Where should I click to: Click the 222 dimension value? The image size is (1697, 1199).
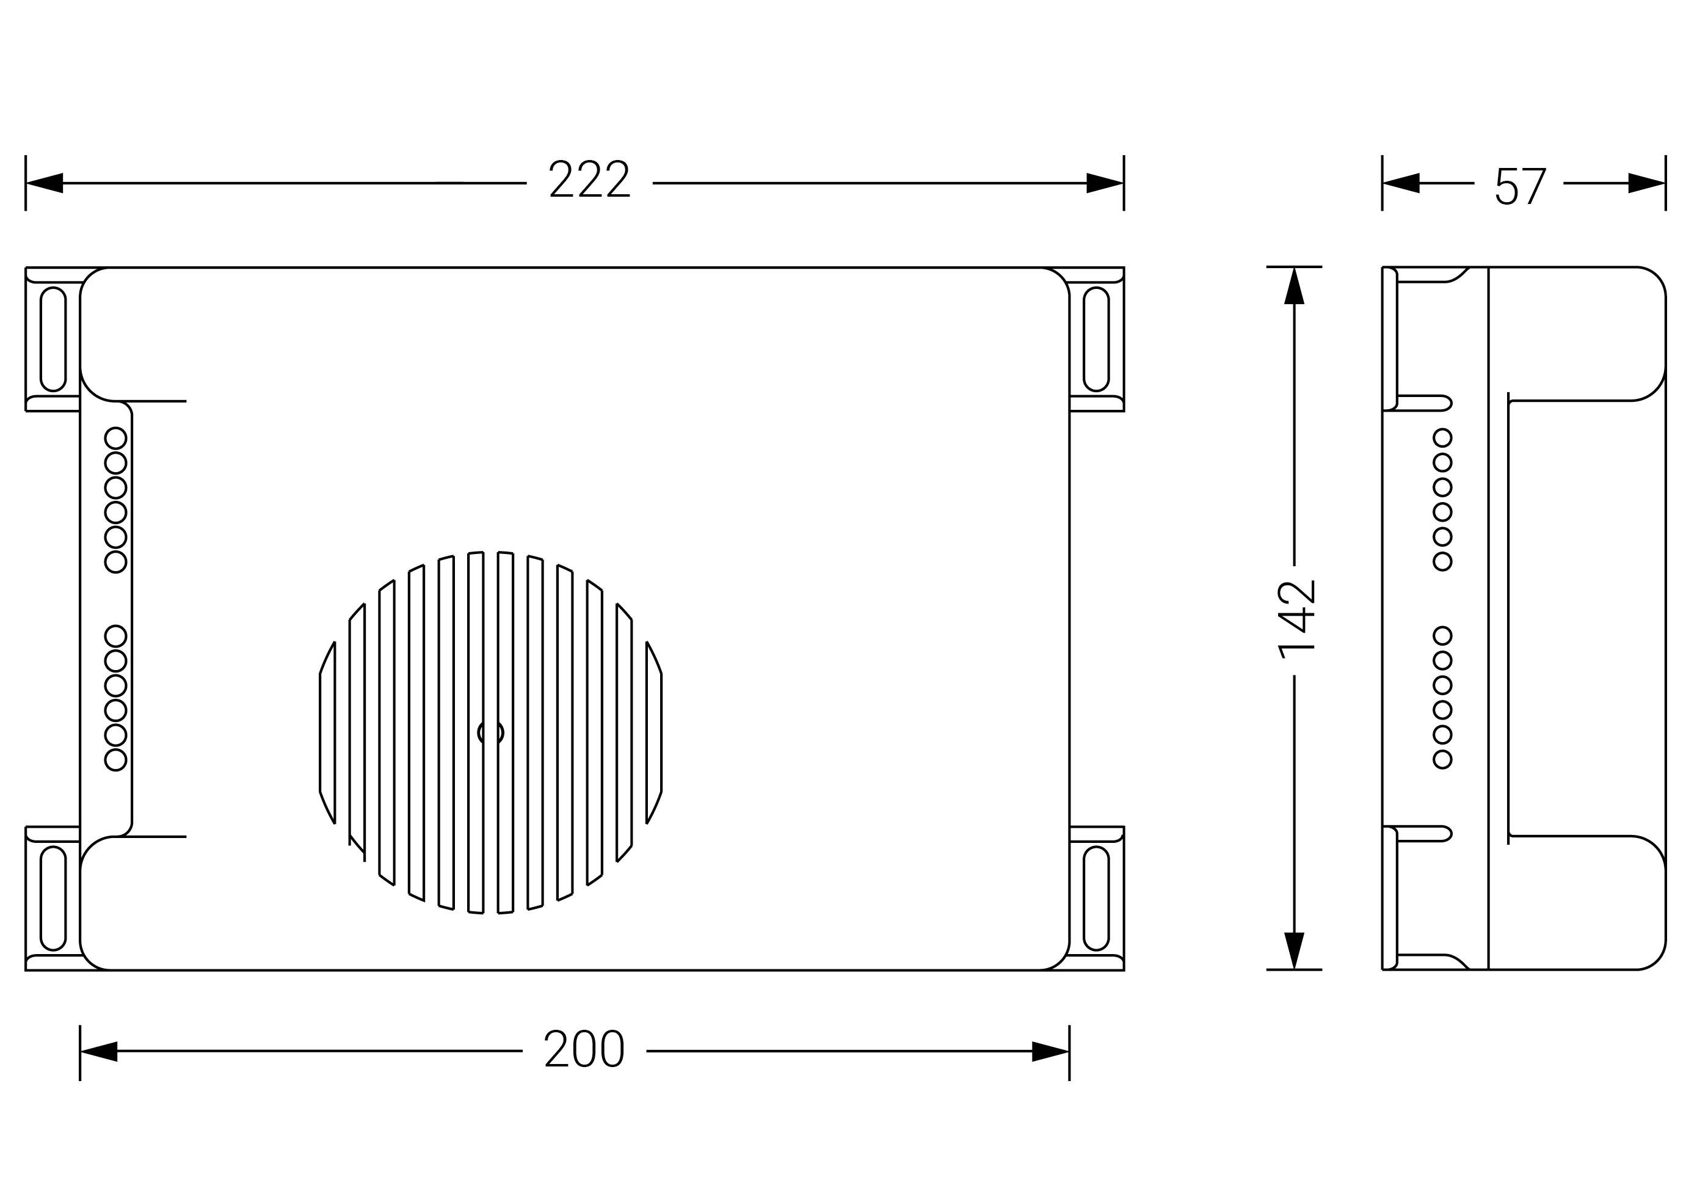click(589, 179)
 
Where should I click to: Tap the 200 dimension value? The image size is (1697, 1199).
click(584, 1048)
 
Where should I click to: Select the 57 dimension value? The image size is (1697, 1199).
click(1521, 186)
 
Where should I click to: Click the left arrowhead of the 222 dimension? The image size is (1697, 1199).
click(45, 183)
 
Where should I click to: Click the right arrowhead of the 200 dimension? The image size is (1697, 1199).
click(1050, 1051)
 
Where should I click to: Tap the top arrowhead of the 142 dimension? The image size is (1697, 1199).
click(1294, 285)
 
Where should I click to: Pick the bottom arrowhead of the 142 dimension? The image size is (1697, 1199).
click(1294, 950)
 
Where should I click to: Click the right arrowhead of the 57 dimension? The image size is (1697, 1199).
click(1647, 183)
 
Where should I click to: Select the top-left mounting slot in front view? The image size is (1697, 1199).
click(53, 339)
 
